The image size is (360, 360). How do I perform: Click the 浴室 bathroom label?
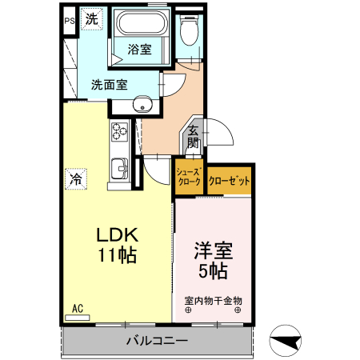[140, 50]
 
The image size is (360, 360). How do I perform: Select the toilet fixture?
[189, 32]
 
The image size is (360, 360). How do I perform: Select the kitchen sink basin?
[119, 170]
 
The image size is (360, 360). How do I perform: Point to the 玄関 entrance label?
[193, 138]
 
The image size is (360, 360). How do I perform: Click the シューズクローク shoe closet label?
[189, 176]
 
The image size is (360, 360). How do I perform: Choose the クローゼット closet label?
[230, 181]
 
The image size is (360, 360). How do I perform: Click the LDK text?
[118, 236]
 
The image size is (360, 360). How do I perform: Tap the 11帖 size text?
[118, 256]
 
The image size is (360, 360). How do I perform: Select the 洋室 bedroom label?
[212, 250]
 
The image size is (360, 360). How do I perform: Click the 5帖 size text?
[213, 270]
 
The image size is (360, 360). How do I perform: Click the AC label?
[78, 308]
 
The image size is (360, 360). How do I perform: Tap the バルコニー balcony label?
[157, 342]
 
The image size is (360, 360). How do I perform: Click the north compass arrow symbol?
[287, 342]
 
